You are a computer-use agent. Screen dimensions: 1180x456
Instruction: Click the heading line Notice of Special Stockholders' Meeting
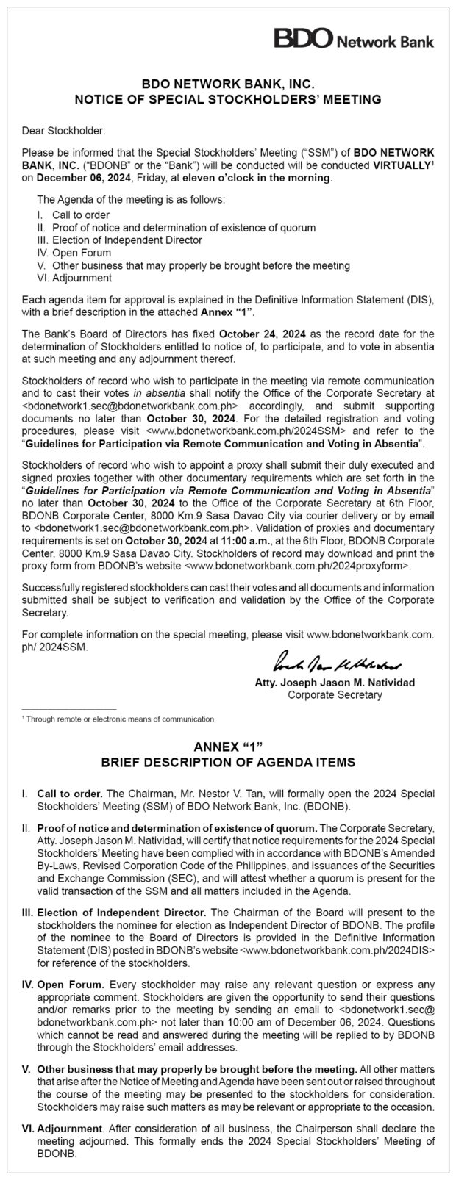point(227,98)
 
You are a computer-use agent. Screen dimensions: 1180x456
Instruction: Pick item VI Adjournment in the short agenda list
point(74,278)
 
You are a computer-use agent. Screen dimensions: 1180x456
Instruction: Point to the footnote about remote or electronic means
point(118,719)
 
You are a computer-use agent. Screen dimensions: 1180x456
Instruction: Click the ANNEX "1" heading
point(227,748)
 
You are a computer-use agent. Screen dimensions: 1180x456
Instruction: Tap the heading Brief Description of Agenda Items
point(227,763)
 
